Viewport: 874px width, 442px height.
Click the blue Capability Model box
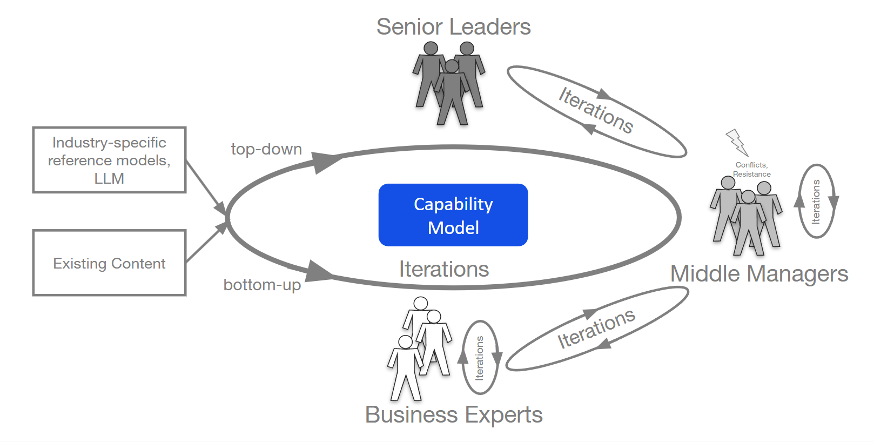coord(453,215)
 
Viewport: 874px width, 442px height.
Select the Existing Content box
coord(109,263)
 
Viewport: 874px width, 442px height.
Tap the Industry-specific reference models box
coord(109,160)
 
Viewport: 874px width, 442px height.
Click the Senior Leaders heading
coord(453,27)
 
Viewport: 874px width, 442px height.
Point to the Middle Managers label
coord(759,274)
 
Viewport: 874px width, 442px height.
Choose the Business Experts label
coord(454,415)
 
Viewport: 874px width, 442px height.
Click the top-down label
coord(266,149)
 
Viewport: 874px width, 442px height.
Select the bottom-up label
coord(262,285)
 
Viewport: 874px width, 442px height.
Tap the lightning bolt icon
coord(737,142)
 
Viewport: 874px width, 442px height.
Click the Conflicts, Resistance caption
coord(751,169)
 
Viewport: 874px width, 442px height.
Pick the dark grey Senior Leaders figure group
coord(449,84)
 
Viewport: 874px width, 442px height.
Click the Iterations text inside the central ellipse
coord(444,269)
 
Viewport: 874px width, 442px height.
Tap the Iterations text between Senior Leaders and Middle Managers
coord(596,110)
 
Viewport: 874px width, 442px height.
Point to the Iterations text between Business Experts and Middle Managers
coord(596,329)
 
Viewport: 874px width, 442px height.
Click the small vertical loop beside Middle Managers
coord(816,202)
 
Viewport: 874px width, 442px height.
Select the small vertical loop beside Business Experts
coord(480,358)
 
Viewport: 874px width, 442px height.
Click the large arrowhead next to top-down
coord(326,161)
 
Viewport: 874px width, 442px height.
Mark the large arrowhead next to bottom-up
coord(319,271)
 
